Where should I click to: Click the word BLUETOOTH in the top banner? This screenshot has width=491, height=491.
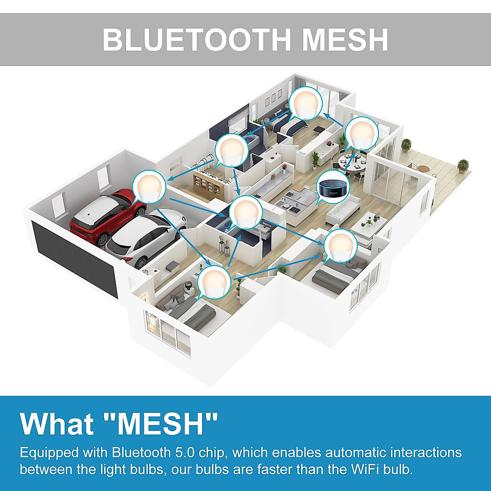[196, 40]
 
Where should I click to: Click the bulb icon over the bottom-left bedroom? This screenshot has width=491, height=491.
[214, 282]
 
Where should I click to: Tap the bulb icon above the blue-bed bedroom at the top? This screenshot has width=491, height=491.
[306, 103]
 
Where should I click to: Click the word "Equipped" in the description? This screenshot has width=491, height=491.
[49, 453]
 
